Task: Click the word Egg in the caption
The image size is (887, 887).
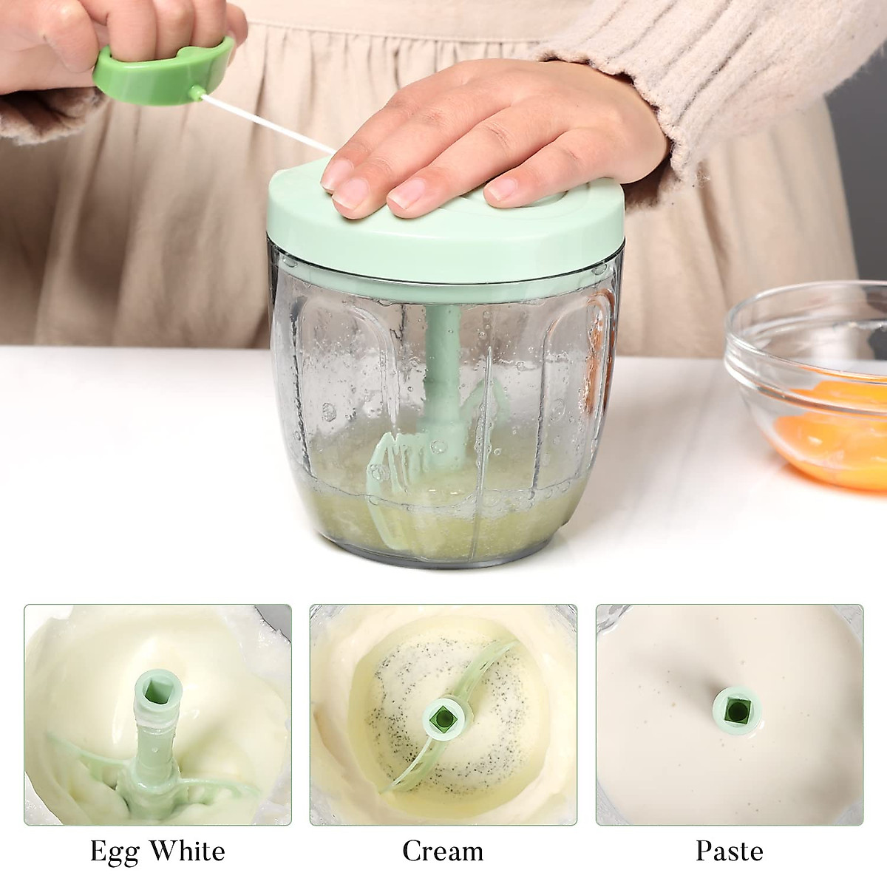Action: click(115, 852)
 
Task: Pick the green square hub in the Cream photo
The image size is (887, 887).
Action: click(443, 716)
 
